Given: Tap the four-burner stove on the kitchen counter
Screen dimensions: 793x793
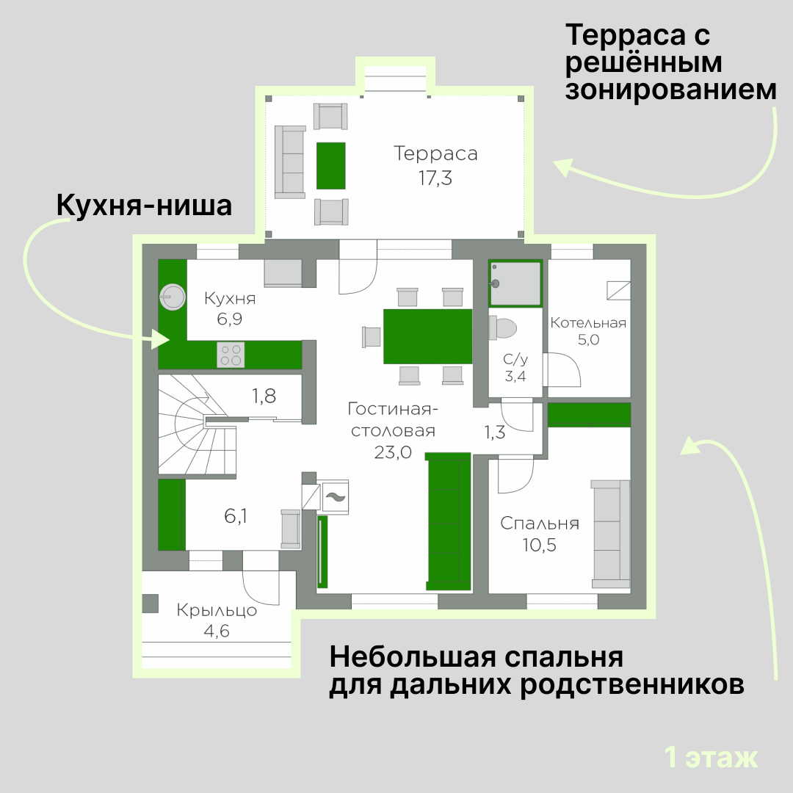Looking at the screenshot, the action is point(231,355).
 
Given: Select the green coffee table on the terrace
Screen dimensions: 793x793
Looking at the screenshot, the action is point(330,165).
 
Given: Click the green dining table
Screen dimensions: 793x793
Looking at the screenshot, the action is point(427,336).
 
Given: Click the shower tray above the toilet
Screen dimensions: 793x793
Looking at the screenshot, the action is point(515,283).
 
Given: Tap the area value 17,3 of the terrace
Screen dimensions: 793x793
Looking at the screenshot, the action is point(435,178).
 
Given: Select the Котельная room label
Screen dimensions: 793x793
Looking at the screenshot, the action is point(588,322).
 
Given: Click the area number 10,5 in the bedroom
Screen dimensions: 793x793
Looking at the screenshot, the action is point(539,545).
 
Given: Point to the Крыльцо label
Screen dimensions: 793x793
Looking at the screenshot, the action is point(217,610).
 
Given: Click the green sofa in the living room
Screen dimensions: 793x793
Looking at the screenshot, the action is point(449,521).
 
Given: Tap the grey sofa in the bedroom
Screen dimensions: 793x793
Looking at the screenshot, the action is point(611,534).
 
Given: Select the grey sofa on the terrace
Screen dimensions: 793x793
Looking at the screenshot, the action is point(290,162).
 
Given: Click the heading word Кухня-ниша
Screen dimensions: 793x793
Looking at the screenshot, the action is point(144,206).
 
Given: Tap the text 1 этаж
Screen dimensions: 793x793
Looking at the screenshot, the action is point(711,757).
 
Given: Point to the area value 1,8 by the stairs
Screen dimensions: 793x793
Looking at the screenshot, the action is point(264,396).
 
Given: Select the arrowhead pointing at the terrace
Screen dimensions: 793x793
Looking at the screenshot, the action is point(564,167).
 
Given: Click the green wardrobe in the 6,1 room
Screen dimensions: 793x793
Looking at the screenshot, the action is point(172,514).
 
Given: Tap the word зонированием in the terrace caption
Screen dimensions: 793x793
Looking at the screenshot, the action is point(670,90).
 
